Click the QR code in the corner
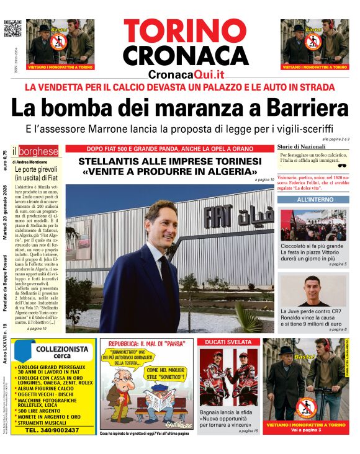(x=12, y=29)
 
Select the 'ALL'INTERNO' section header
(x=312, y=200)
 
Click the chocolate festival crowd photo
(x=311, y=225)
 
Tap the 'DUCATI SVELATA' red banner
(x=228, y=342)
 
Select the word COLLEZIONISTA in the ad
(x=62, y=349)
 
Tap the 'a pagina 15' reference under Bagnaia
(x=247, y=430)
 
